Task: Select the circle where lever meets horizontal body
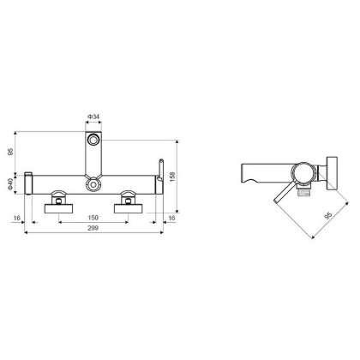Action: tap(92, 182)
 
